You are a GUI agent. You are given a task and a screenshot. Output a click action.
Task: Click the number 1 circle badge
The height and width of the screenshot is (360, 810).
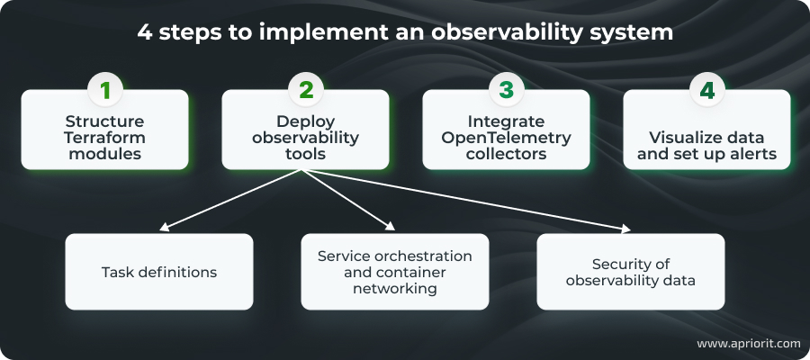point(104,90)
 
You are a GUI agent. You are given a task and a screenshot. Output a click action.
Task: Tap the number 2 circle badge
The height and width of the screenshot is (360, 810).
point(305,90)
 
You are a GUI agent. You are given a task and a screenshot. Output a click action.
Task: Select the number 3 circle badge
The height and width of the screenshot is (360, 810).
point(507,90)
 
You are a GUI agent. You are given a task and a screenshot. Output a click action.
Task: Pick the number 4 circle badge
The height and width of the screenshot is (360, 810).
point(706,90)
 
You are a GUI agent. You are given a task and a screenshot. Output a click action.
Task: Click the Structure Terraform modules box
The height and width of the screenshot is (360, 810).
point(104,135)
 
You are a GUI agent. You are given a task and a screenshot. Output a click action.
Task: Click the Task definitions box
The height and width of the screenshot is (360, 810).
point(158,272)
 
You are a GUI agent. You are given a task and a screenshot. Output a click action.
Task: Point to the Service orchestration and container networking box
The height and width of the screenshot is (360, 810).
point(394,272)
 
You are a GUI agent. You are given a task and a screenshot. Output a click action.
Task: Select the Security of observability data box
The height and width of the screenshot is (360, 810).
point(630,272)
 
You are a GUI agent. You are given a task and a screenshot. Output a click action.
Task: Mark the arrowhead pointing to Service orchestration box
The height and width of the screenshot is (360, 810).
point(389,229)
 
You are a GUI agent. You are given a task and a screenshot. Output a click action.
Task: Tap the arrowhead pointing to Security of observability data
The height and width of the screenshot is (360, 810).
point(625,229)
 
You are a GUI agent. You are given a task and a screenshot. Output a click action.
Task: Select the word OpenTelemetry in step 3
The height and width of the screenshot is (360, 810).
point(507,137)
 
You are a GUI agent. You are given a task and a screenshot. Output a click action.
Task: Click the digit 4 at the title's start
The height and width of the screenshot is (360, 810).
point(144,33)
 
